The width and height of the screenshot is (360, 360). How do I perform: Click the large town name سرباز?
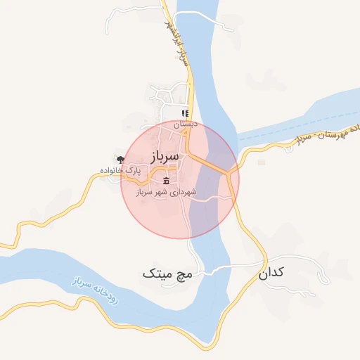pyautogui.click(x=166, y=155)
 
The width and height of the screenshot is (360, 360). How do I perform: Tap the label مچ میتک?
pyautogui.click(x=167, y=272)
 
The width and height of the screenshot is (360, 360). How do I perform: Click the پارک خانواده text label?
pyautogui.click(x=119, y=170)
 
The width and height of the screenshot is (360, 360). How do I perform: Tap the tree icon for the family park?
pyautogui.click(x=120, y=160)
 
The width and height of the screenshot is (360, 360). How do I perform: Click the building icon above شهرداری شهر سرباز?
pyautogui.click(x=165, y=181)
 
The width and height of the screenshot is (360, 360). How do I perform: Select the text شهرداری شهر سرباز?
pyautogui.click(x=166, y=192)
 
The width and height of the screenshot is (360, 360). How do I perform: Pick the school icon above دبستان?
pyautogui.click(x=185, y=112)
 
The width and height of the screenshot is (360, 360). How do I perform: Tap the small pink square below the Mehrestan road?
pyautogui.click(x=262, y=162)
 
